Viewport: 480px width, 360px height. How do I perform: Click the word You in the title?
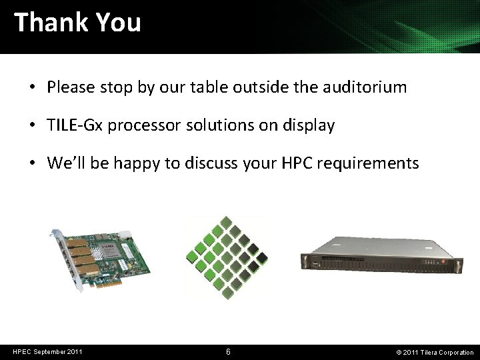coord(118,23)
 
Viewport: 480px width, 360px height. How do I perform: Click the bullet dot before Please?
coord(32,87)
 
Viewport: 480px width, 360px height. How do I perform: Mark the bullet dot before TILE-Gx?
coord(32,125)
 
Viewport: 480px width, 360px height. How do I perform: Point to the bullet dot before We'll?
coord(32,163)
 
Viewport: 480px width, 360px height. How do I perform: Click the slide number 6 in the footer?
coord(229,352)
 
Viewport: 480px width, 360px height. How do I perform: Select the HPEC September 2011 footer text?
coord(47,352)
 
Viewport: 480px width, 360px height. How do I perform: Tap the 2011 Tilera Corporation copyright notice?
coord(435,352)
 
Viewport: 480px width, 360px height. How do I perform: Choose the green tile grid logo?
coord(227,257)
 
